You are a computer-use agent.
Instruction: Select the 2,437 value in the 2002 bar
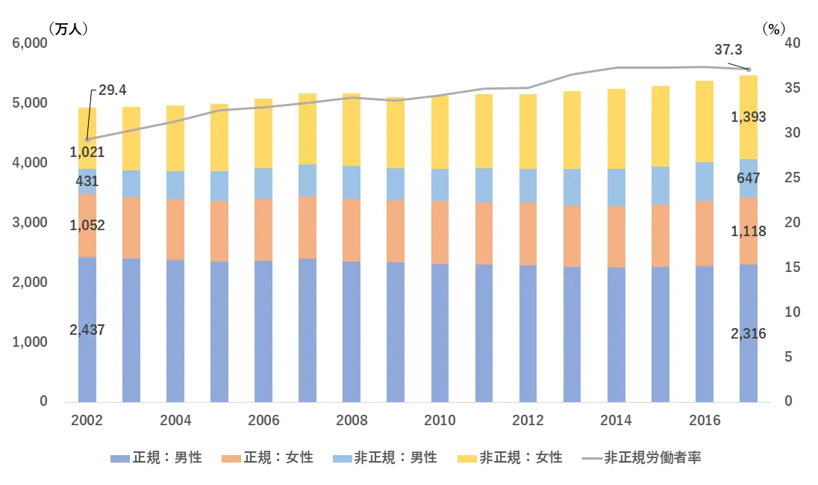pos(87,329)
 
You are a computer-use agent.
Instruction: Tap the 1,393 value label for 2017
pos(748,117)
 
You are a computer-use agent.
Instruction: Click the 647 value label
pos(748,179)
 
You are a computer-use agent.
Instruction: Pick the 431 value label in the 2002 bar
pos(87,181)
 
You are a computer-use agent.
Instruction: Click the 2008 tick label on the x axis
pos(352,420)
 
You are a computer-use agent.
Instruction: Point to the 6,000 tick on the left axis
pos(30,43)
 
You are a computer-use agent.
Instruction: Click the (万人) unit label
pos(69,28)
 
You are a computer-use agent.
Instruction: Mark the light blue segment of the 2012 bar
pos(528,185)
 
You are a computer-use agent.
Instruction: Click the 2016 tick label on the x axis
pos(705,420)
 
